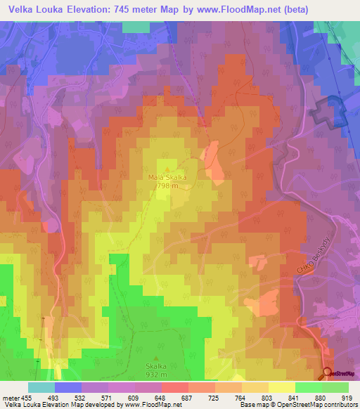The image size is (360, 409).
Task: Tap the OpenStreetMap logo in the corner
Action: click(339, 374)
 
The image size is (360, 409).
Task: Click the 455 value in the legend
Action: click(27, 397)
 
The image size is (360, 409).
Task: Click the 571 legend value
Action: click(108, 397)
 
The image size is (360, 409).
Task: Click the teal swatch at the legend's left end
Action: click(41, 387)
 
